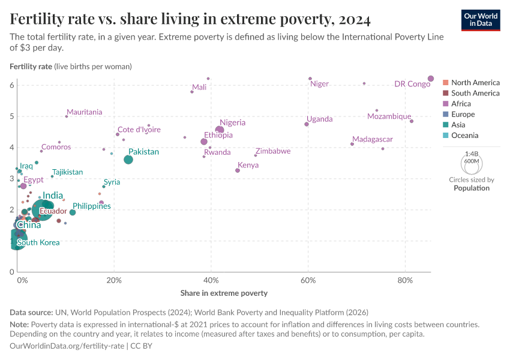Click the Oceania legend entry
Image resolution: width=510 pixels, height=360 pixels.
coord(464,136)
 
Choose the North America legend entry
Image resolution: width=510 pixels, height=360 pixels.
coord(475,82)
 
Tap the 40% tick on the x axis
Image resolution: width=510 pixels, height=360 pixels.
coord(211,280)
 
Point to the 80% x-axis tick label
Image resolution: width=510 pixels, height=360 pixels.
coord(406,280)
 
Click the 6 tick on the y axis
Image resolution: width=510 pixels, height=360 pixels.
coord(11,85)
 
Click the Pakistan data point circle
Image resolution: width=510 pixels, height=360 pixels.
coord(128,160)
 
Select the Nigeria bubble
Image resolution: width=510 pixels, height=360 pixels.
coord(220,130)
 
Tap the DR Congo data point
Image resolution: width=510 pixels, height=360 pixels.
coord(431,79)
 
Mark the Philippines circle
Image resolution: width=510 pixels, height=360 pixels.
coord(73,212)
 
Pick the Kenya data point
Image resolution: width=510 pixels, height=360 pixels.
coord(238,170)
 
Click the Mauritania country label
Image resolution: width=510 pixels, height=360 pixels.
coord(84,112)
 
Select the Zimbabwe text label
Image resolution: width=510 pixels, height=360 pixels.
coord(273,151)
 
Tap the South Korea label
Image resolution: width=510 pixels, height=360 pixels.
coord(38,242)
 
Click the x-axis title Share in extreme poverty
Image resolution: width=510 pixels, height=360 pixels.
coord(224,293)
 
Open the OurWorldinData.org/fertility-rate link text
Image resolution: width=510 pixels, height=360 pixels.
coord(67,346)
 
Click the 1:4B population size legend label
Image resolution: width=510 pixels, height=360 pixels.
coord(472,154)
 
